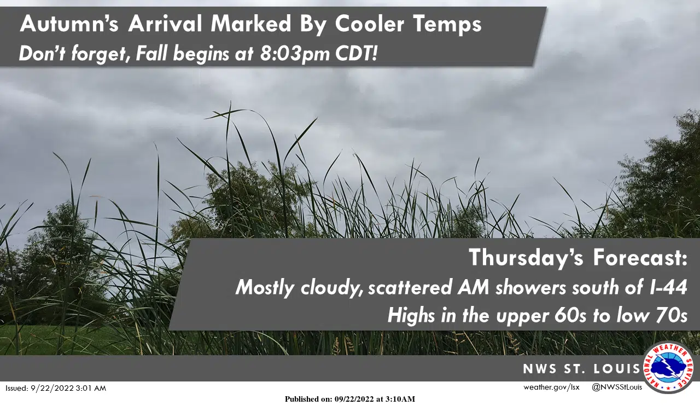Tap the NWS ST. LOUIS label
(581, 369)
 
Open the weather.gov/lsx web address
(551, 387)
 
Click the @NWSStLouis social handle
(617, 387)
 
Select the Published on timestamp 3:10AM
(401, 399)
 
